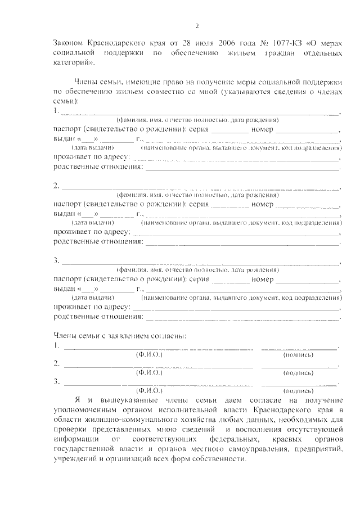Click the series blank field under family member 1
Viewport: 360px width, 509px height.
[231, 130]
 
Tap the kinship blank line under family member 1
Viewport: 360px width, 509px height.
[242, 167]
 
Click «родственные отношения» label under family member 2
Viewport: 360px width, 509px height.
[98, 242]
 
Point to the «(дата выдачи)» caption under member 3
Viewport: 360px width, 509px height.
[90, 297]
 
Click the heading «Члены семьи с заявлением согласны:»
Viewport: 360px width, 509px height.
[120, 336]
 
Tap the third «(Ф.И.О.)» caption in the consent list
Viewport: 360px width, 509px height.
[149, 389]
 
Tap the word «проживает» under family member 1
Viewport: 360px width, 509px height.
[74, 157]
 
